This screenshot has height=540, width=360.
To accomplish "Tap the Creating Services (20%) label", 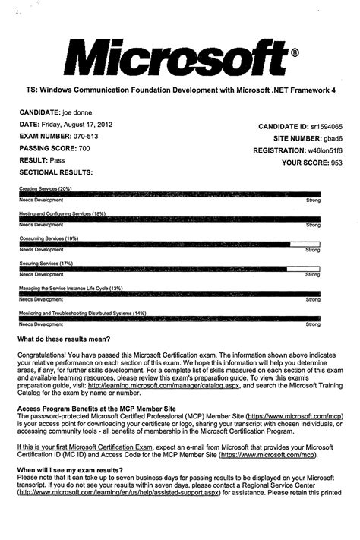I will click(x=45, y=188).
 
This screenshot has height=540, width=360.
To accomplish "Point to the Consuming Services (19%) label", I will click(x=48, y=238).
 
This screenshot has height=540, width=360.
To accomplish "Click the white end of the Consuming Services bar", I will click(x=305, y=245).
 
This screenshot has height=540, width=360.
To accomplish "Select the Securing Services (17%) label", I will click(x=45, y=264).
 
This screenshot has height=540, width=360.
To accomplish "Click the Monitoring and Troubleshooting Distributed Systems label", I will click(x=82, y=314).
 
